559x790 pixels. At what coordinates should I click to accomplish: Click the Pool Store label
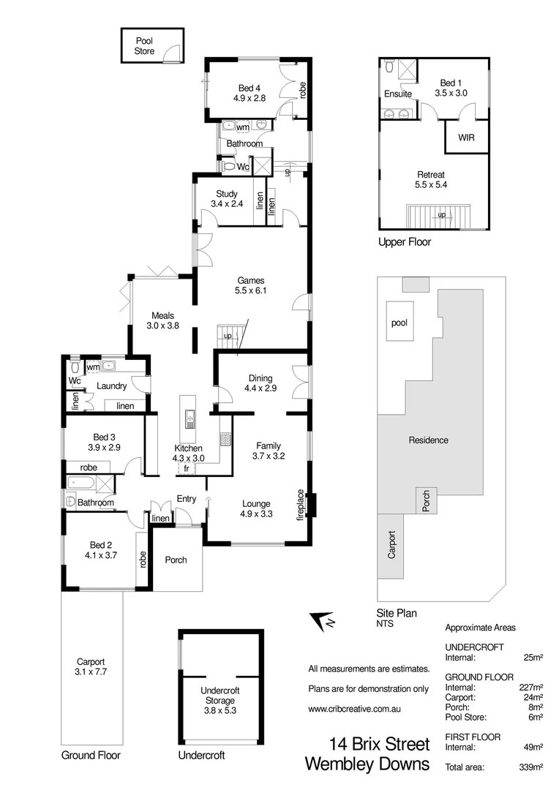145,46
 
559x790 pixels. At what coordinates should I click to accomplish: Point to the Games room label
250,279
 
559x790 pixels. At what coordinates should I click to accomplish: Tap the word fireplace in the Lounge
300,505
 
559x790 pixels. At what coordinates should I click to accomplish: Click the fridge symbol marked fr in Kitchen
187,468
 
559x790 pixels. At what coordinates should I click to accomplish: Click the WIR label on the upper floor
466,137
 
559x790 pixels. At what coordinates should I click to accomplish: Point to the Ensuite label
397,94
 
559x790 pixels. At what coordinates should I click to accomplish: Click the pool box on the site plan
399,322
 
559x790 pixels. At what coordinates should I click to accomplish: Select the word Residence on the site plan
428,440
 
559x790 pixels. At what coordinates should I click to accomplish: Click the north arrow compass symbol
321,621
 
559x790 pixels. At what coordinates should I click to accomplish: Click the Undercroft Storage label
219,695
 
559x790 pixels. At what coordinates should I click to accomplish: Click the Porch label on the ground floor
176,560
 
